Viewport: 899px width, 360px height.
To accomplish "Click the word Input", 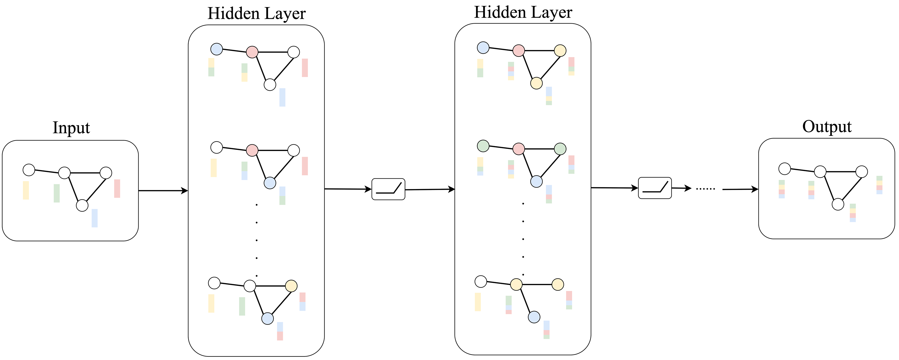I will (x=71, y=128).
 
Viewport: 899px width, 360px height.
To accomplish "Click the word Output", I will (x=826, y=127).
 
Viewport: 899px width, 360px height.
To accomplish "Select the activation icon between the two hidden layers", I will (x=388, y=189).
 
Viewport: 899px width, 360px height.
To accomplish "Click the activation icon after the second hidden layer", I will (x=654, y=188).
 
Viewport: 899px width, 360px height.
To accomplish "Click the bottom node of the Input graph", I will (x=82, y=205).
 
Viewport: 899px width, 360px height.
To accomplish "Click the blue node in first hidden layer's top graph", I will (x=216, y=49).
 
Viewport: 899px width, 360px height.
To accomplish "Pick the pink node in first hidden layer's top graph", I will (x=252, y=52).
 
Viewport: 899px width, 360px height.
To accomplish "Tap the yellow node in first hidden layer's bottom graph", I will (x=291, y=286).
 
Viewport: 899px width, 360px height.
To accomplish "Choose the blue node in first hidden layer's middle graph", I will (x=270, y=183).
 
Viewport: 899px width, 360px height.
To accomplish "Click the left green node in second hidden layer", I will (x=483, y=146).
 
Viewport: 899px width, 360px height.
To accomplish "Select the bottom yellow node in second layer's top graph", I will (x=536, y=83).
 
